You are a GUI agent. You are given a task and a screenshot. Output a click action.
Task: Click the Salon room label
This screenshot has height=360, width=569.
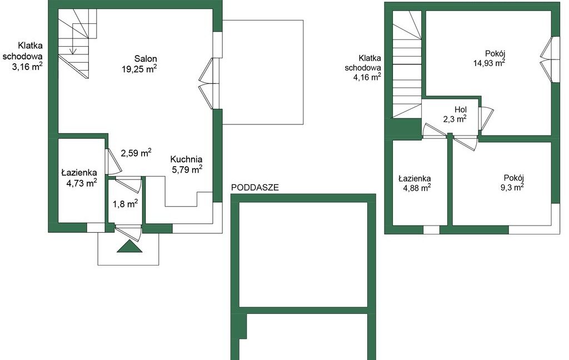coord(146,59)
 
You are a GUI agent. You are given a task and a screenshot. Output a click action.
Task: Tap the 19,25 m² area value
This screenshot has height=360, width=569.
coord(139,69)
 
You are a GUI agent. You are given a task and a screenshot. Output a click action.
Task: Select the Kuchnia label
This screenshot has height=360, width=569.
coord(186,159)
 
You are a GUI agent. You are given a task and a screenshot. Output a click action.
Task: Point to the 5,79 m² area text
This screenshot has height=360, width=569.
coord(187,169)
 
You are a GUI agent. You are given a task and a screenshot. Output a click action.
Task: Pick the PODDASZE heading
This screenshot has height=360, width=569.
coord(254,188)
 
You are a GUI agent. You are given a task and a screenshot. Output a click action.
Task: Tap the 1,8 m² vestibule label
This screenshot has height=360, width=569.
coord(125,203)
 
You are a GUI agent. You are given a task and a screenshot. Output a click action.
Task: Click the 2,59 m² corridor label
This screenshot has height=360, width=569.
coord(136,153)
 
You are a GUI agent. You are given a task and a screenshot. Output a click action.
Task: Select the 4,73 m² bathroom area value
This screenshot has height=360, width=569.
coord(81,183)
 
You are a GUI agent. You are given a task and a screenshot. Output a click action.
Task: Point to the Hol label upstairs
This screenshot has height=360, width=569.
coord(461,109)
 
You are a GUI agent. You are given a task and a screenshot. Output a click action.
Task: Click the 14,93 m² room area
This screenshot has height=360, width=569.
coord(489,63)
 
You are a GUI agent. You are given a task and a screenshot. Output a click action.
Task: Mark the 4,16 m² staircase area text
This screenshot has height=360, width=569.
coord(367,77)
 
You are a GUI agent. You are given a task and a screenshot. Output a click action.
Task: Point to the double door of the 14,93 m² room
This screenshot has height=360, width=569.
coord(547,60)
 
